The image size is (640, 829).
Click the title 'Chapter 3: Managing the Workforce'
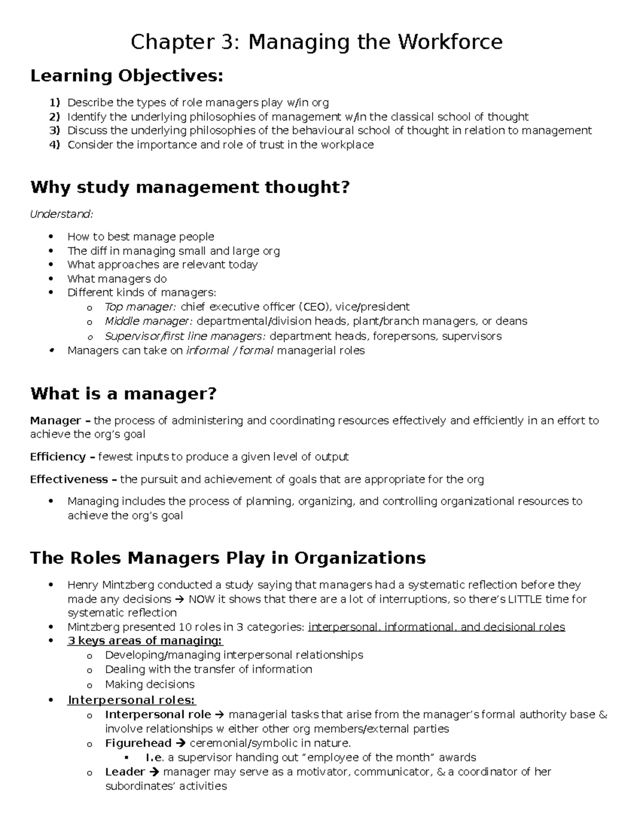[x=317, y=42]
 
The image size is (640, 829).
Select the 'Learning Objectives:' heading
[x=126, y=76]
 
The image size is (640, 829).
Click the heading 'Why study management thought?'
[x=190, y=187]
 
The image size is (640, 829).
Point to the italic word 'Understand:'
[x=61, y=214]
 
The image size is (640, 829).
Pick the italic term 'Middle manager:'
[x=149, y=321]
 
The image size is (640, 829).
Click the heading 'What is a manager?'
[x=124, y=394]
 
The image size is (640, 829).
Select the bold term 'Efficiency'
[x=58, y=457]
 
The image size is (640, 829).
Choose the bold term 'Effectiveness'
[x=69, y=479]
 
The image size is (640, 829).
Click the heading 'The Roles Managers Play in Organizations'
[x=228, y=558]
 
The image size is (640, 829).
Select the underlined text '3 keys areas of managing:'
[x=145, y=641]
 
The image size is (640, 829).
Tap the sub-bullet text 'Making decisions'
[x=149, y=684]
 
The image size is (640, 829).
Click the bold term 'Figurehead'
[x=138, y=743]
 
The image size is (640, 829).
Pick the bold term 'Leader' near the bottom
[x=125, y=772]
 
